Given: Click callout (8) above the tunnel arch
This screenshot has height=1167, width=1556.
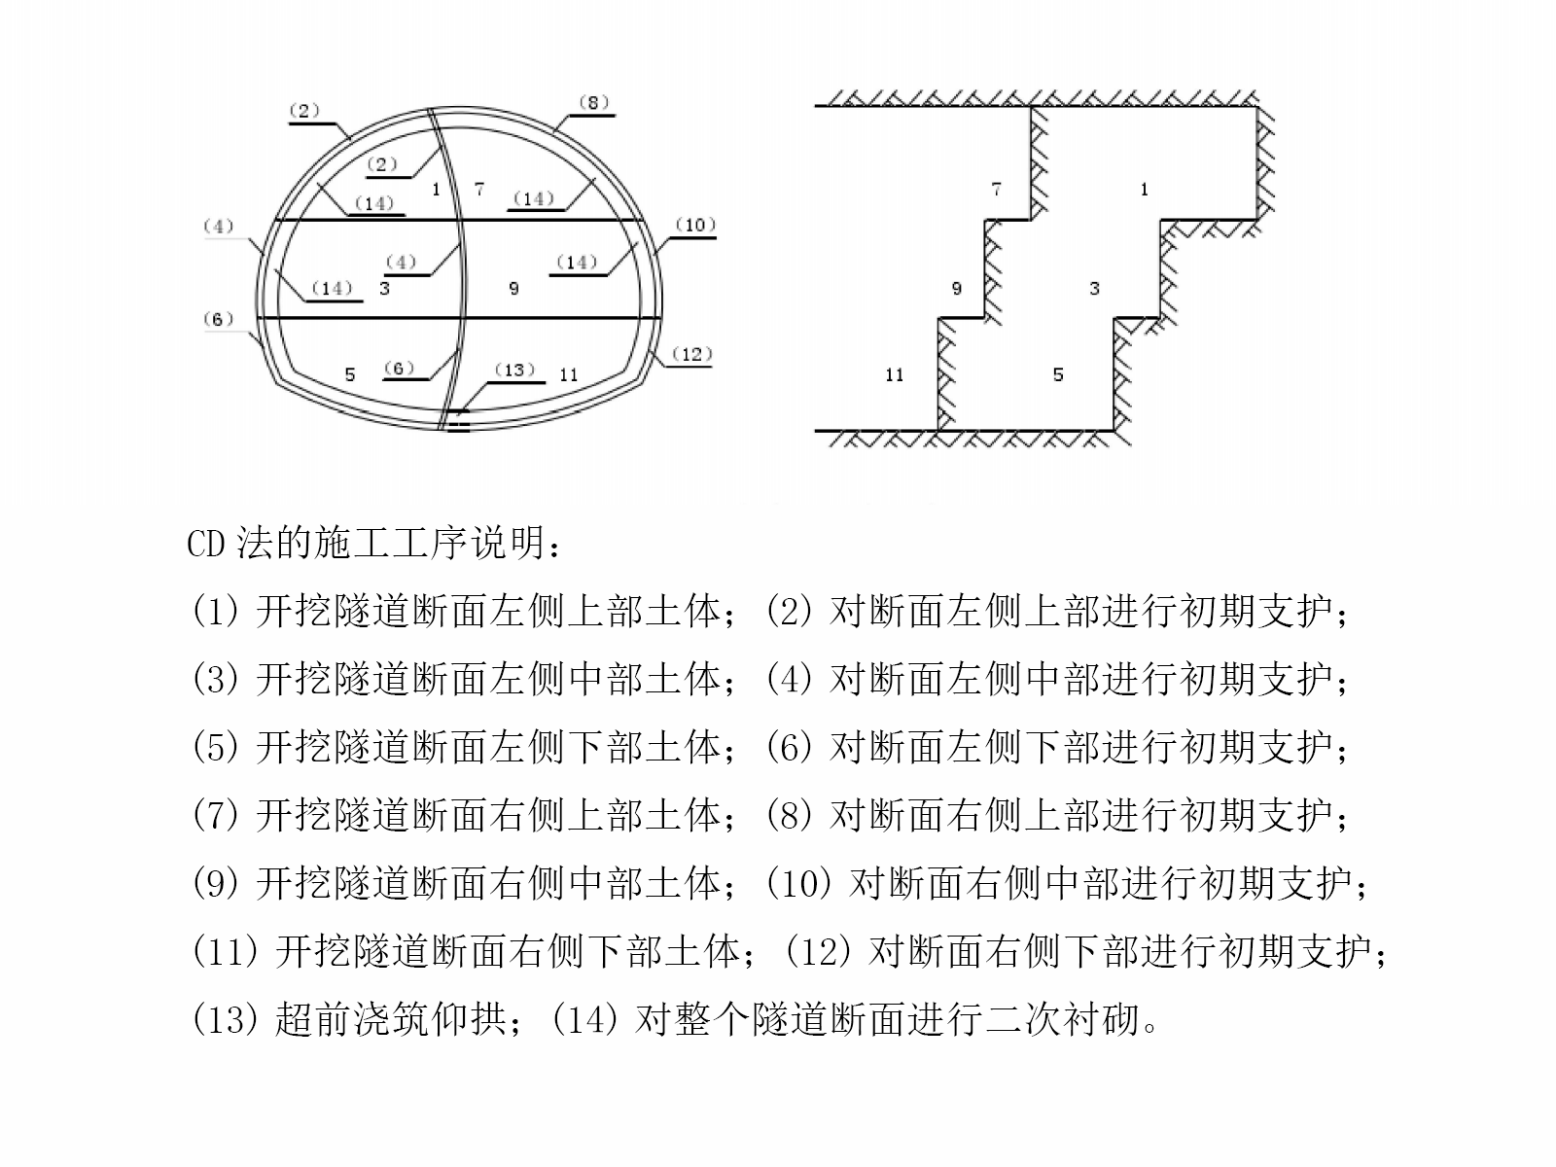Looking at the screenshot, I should [x=592, y=102].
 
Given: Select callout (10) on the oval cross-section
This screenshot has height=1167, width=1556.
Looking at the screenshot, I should [x=695, y=225].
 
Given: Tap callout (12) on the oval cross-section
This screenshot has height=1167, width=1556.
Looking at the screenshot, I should [x=691, y=354].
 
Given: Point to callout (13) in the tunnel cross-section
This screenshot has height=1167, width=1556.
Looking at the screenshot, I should [x=514, y=370].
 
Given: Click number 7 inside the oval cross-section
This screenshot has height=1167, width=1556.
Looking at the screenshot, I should [x=479, y=190].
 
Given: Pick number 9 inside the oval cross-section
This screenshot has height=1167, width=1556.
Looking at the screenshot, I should [x=513, y=288].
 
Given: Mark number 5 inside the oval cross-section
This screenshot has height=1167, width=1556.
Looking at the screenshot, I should [x=350, y=374].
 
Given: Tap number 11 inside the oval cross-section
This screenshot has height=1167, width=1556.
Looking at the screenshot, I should [x=569, y=374].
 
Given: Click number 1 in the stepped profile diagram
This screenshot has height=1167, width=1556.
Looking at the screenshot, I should [x=1145, y=190].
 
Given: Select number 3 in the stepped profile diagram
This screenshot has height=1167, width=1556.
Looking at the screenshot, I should [x=1095, y=288].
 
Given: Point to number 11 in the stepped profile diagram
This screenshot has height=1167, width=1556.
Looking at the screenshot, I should [x=895, y=374].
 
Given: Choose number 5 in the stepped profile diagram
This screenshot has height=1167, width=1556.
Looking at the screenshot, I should [x=1058, y=374].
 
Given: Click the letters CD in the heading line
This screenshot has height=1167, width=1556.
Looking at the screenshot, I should [x=205, y=544].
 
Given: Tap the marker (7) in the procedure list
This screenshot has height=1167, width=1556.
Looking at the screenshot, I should [x=216, y=815].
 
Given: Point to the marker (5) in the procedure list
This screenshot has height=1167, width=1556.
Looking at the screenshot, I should [x=216, y=747].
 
